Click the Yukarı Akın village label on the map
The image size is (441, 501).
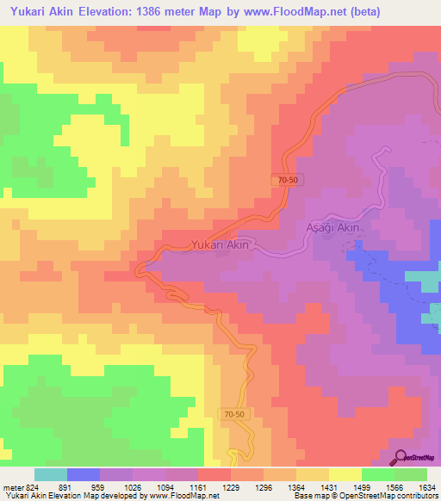coord(220,244)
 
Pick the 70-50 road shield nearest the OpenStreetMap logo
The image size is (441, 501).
coord(231,414)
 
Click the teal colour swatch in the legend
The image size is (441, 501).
coord(51,474)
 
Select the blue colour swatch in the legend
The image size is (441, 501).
coord(84,474)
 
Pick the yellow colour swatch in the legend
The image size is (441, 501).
coord(345,474)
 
